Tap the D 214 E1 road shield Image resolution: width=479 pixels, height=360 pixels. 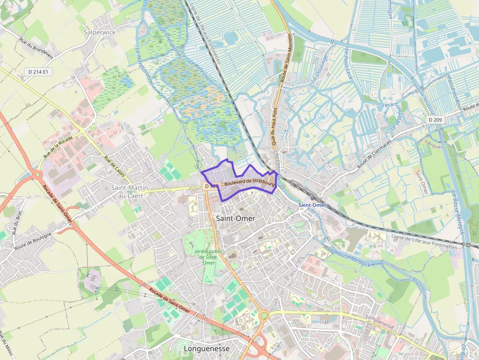pyautogui.click(x=38, y=72)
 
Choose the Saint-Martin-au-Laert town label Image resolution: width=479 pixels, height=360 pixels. pyautogui.click(x=131, y=191)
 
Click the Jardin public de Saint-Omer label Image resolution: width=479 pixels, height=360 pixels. pyautogui.click(x=205, y=256)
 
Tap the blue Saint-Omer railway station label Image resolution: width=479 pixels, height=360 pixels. pyautogui.click(x=312, y=205)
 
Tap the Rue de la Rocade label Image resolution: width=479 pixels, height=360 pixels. pyautogui.click(x=58, y=146)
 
